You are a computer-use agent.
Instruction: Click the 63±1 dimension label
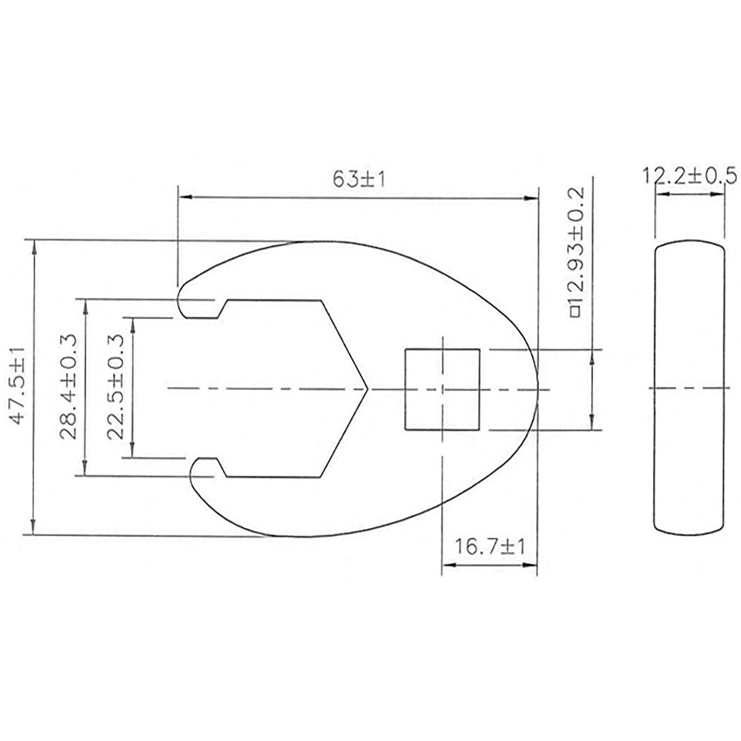pyautogui.click(x=358, y=180)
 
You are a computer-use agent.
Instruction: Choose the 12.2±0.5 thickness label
pyautogui.click(x=689, y=176)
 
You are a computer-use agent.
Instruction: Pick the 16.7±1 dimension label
pyautogui.click(x=489, y=547)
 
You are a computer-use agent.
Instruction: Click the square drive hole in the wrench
pyautogui.click(x=442, y=389)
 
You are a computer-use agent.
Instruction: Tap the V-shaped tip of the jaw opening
pyautogui.click(x=365, y=389)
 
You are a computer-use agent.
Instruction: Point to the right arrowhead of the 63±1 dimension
pyautogui.click(x=532, y=198)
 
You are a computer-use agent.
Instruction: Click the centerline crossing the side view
pyautogui.click(x=689, y=388)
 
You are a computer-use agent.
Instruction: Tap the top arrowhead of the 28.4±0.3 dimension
pyautogui.click(x=85, y=306)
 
